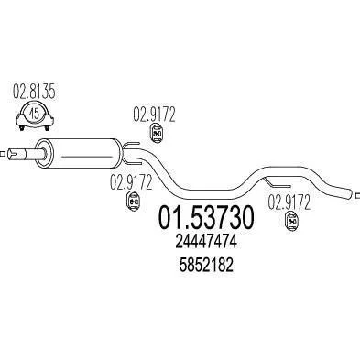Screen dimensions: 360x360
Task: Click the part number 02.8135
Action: point(34,92)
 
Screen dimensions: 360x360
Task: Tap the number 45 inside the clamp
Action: point(35,114)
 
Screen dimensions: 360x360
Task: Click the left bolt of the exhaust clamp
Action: point(22,127)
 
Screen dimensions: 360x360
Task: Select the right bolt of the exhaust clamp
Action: point(47,127)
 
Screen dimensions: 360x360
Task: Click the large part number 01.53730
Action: point(206,217)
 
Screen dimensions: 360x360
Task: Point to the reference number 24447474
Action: point(206,243)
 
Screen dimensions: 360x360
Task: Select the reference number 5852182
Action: point(206,265)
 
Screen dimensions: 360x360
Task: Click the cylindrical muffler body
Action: point(79,153)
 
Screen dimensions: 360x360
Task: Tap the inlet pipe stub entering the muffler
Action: point(25,153)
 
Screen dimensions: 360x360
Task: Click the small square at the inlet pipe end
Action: point(3,154)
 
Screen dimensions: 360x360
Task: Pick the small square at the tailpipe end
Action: point(358,194)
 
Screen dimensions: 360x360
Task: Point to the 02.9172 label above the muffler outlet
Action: point(154,115)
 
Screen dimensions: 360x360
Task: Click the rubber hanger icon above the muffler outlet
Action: point(157,134)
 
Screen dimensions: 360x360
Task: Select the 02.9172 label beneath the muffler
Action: point(131,182)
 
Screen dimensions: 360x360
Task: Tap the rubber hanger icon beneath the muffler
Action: point(133,202)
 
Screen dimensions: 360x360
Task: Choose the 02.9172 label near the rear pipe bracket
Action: point(289,202)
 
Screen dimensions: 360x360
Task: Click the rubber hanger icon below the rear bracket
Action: point(291,222)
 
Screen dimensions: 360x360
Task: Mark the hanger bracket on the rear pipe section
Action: point(277,183)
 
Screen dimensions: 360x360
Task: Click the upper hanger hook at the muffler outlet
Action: point(132,144)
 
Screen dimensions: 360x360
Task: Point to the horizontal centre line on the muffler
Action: point(87,157)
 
